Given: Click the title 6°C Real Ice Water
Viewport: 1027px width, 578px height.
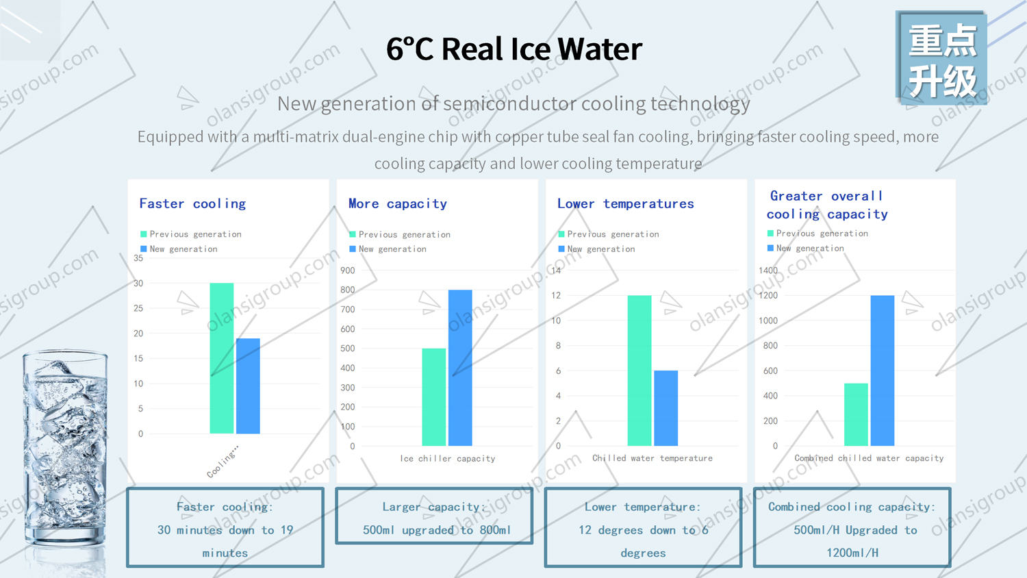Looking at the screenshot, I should click(513, 49).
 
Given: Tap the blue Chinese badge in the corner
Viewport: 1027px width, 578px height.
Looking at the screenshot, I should click(941, 60).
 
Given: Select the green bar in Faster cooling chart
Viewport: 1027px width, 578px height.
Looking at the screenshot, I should click(221, 358).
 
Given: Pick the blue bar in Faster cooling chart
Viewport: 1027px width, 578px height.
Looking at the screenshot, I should click(248, 386).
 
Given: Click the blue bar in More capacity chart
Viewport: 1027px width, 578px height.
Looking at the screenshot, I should click(460, 368).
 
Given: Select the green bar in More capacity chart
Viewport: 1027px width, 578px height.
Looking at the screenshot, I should click(433, 397).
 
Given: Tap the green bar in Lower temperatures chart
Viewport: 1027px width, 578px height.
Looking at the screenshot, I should click(639, 370).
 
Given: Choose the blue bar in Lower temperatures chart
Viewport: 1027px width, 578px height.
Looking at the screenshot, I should click(665, 408).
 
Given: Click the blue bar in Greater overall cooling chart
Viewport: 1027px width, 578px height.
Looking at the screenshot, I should click(882, 370).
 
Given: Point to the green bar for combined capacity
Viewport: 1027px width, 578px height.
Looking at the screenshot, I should click(856, 414).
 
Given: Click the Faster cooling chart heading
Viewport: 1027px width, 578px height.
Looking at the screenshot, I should click(192, 203).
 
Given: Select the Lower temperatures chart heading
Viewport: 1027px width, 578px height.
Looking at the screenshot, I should click(625, 203).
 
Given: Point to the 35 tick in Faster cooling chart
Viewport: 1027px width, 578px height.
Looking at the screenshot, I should click(138, 258).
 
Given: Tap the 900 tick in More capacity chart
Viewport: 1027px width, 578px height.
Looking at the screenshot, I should click(348, 271).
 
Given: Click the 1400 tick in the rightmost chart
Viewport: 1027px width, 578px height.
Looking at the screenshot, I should click(768, 271).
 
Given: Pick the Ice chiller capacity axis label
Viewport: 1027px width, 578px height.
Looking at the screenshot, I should click(447, 459).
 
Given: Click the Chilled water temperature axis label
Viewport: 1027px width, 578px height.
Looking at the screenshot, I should click(652, 458).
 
